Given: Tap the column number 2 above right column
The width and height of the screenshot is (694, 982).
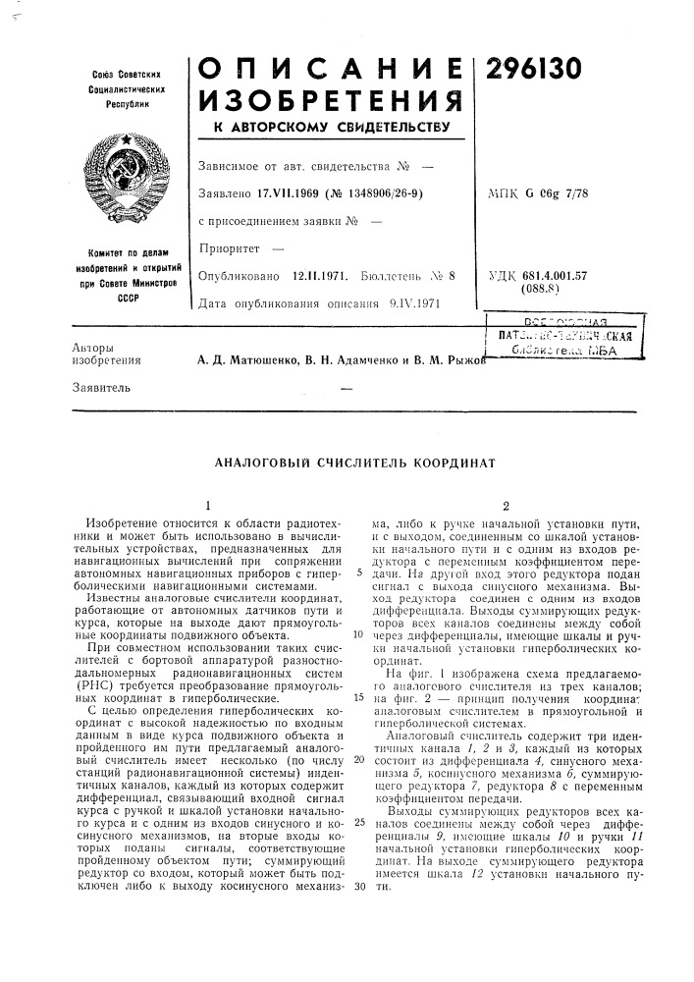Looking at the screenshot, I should coord(505,505).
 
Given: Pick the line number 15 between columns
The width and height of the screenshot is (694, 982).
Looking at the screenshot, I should coord(358,695).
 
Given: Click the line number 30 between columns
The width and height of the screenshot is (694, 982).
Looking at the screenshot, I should coord(359,887).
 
